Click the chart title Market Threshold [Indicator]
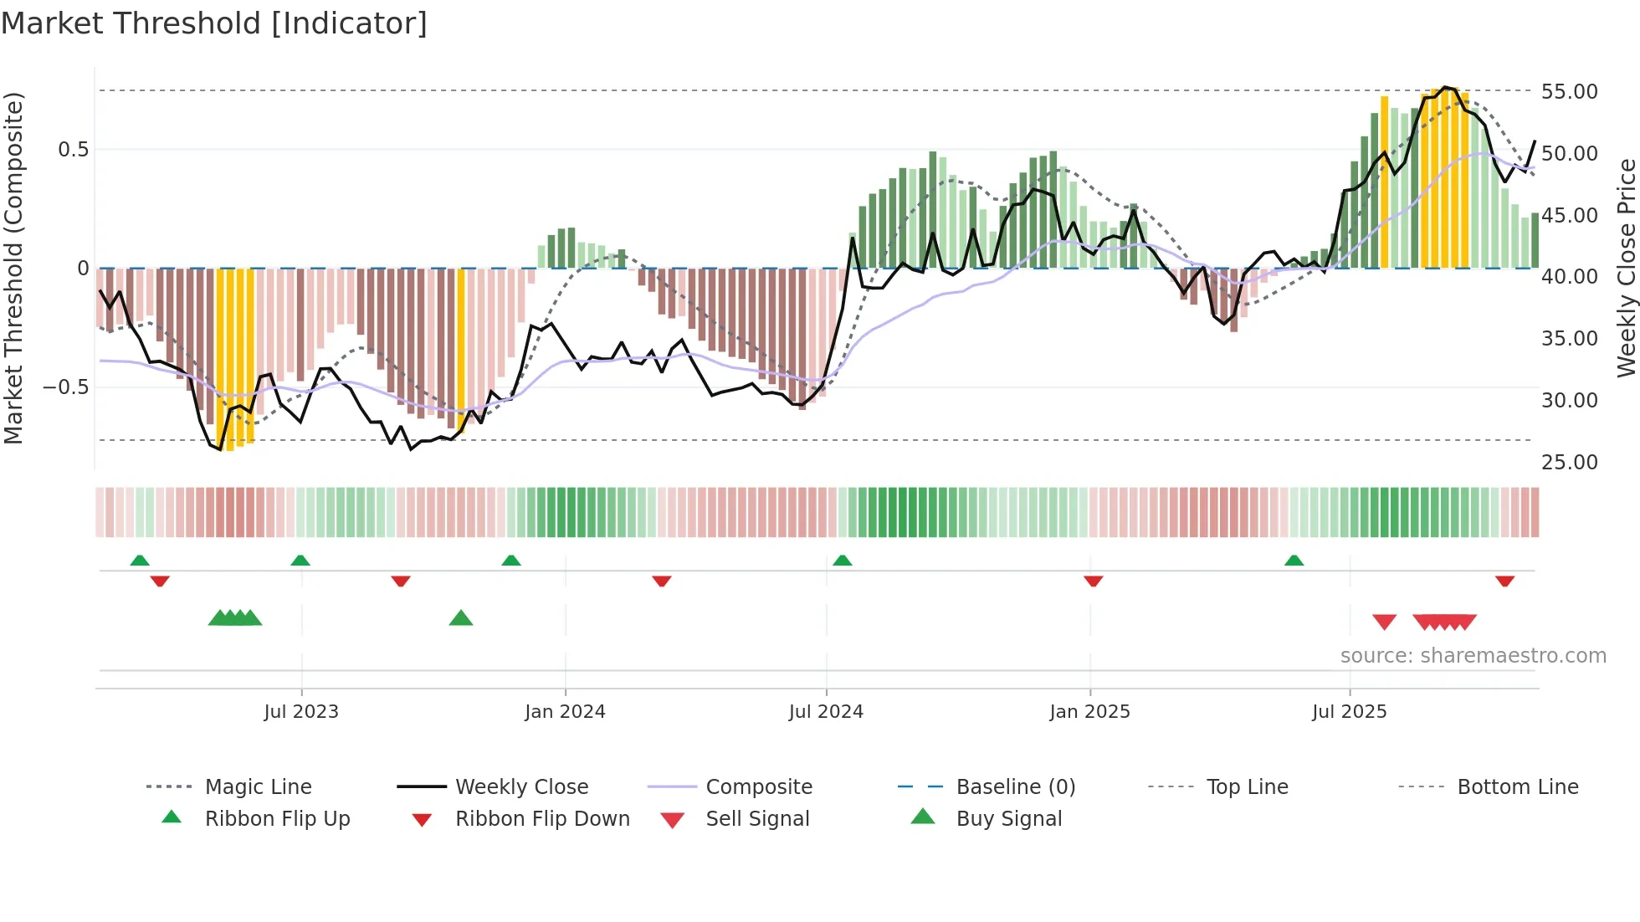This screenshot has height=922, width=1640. click(x=214, y=23)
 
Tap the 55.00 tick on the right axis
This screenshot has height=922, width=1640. click(x=1569, y=91)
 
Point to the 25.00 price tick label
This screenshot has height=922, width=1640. click(x=1569, y=462)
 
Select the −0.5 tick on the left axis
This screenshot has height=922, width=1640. click(x=65, y=387)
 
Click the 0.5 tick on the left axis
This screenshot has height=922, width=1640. click(x=73, y=150)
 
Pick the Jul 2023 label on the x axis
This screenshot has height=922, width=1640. click(x=301, y=712)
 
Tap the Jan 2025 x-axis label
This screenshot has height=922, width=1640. click(x=1089, y=712)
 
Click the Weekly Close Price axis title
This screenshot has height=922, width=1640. click(x=1625, y=268)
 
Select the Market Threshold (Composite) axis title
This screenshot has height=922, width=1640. click(x=13, y=268)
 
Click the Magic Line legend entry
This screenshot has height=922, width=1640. click(x=258, y=787)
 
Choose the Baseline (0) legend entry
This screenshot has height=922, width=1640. click(x=1015, y=787)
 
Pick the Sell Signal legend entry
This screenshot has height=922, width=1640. click(x=756, y=819)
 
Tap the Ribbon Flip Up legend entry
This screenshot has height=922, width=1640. click(x=277, y=819)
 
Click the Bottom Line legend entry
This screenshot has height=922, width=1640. click(x=1517, y=787)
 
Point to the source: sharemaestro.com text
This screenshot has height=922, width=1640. click(x=1473, y=656)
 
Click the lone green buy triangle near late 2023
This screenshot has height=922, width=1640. click(x=461, y=618)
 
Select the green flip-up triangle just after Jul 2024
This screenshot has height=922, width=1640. click(x=843, y=560)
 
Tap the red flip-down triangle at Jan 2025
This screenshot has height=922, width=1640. click(x=1093, y=581)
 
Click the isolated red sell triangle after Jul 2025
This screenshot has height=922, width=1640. click(x=1385, y=622)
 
